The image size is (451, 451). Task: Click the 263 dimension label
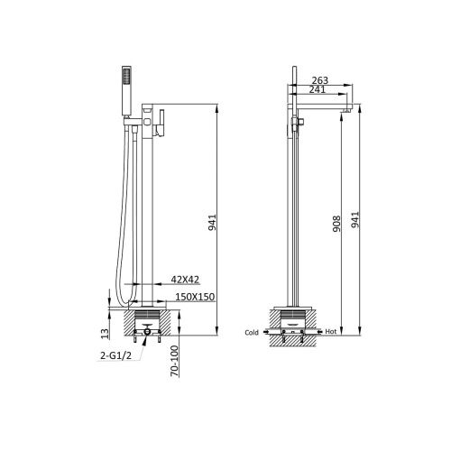319,80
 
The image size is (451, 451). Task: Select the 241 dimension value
318,89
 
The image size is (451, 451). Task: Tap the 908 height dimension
336,224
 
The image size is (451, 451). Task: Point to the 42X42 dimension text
185,280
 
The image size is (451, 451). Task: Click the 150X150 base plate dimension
195,297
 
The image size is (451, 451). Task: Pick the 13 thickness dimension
105,334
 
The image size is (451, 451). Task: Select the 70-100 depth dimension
174,361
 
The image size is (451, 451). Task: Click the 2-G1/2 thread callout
116,356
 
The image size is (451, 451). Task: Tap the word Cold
252,332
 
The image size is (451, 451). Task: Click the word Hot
331,332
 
